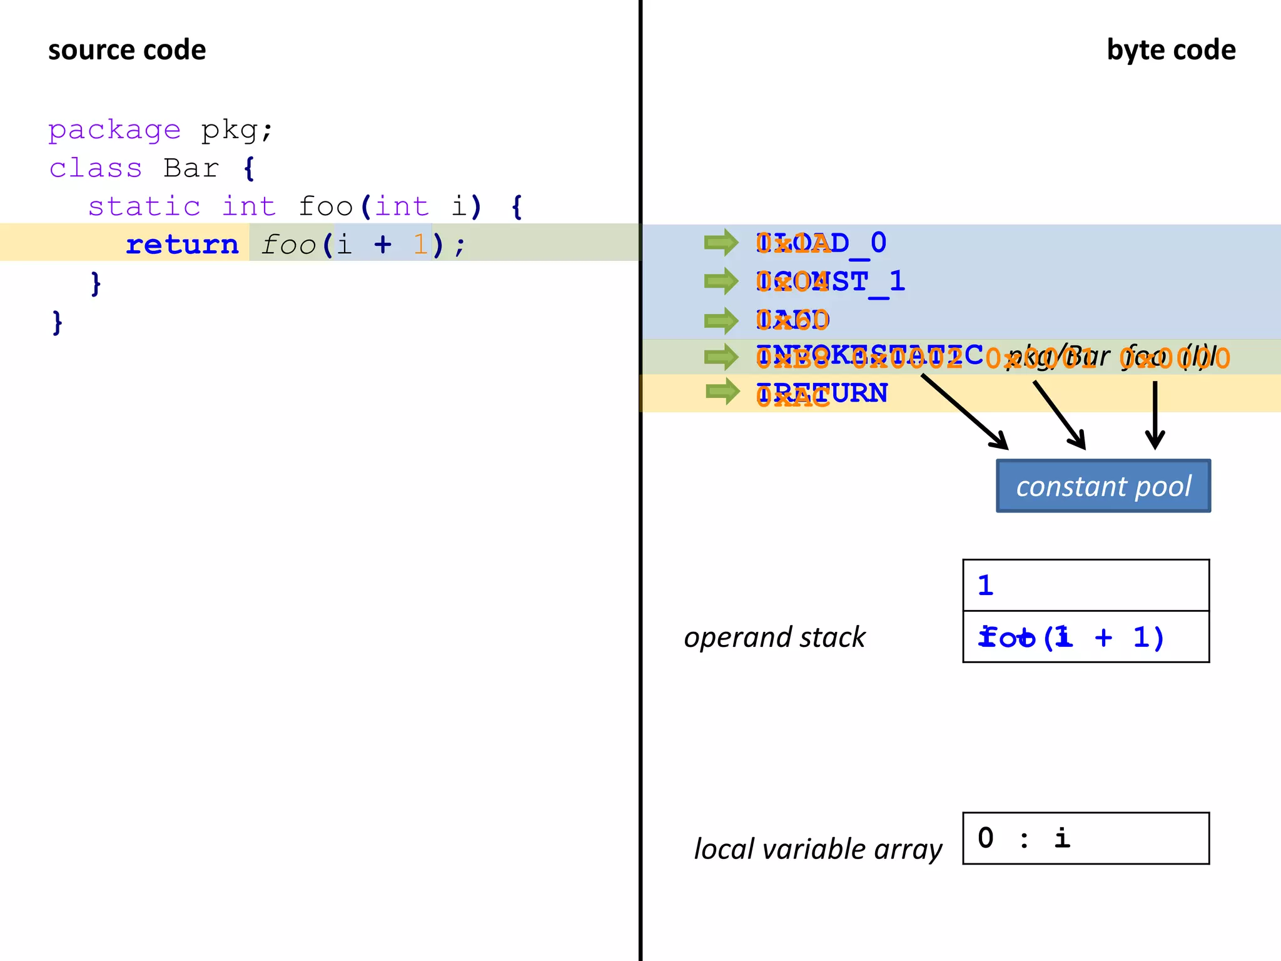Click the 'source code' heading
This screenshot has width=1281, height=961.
[x=127, y=50]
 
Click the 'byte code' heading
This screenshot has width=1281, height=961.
[x=1170, y=50]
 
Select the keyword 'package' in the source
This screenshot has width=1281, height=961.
[x=114, y=130]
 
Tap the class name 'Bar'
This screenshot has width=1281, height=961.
[x=191, y=168]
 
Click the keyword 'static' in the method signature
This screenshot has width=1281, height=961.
[x=144, y=206]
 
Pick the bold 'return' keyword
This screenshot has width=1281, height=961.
[x=182, y=245]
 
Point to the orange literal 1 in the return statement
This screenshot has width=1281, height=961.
[x=420, y=245]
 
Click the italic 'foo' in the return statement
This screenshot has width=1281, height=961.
[x=288, y=245]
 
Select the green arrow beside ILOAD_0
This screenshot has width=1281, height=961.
[x=721, y=243]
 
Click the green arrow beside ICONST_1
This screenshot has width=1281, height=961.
[x=721, y=282]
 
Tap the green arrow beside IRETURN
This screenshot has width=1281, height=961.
[x=722, y=392]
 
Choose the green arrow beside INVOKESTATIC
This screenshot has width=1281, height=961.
[x=721, y=357]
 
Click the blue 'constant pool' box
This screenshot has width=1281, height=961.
[x=1103, y=486]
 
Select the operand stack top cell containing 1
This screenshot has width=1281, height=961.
[x=1085, y=585]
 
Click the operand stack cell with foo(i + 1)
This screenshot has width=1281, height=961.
[x=1085, y=637]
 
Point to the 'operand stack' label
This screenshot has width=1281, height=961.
[x=774, y=637]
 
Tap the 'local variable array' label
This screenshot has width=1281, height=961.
[x=818, y=849]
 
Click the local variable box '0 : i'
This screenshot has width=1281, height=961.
[x=1085, y=838]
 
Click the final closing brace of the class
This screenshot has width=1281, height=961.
[x=58, y=323]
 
